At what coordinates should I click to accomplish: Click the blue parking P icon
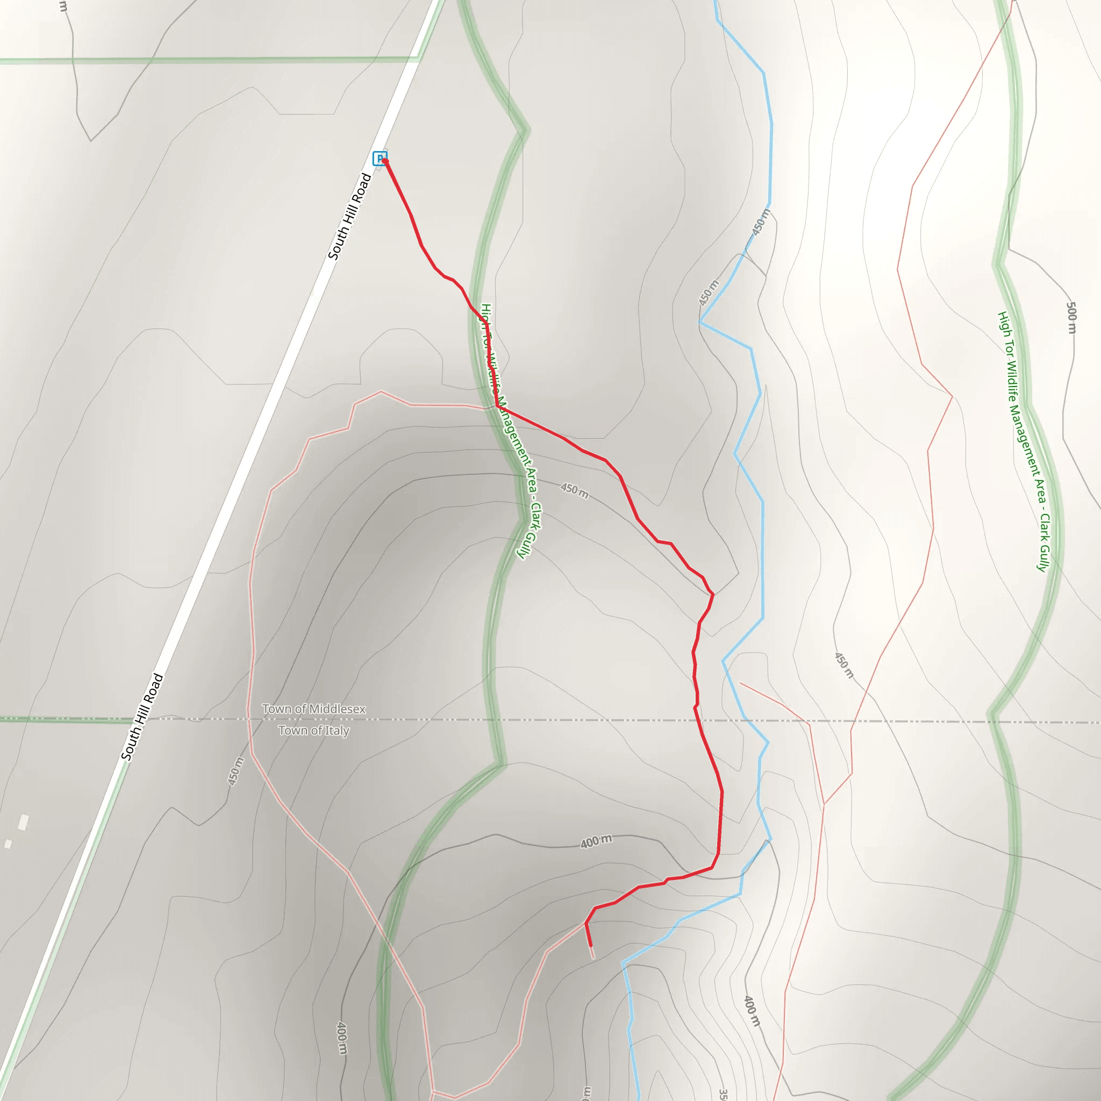(x=379, y=158)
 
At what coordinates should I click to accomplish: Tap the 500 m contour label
(x=1071, y=317)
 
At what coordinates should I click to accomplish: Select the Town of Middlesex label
(x=313, y=709)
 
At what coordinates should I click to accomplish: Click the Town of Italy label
(x=313, y=731)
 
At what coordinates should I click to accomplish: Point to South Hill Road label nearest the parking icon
(x=349, y=217)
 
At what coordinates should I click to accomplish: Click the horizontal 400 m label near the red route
(x=596, y=841)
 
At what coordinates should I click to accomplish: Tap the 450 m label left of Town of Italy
(x=235, y=771)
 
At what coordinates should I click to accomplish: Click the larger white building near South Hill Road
(x=23, y=823)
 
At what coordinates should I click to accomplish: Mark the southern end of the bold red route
(x=590, y=946)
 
